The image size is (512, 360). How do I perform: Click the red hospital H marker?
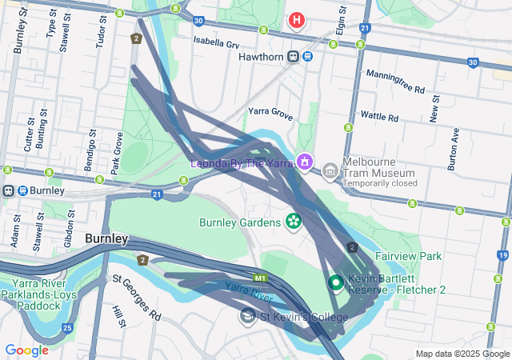click(x=297, y=19)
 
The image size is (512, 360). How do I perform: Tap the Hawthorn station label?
click(x=261, y=56)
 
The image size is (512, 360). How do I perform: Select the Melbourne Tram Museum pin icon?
click(x=330, y=170)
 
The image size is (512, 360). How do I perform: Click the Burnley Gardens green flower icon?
click(x=293, y=220)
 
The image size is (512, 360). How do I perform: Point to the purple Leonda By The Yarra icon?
click(x=304, y=162)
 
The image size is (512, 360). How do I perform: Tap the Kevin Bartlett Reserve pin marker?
click(x=336, y=282)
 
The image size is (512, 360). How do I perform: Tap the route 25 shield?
click(x=67, y=328)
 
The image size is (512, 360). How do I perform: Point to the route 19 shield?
click(x=502, y=255)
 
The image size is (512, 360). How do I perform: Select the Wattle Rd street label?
click(x=379, y=117)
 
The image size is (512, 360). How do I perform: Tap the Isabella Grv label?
click(x=216, y=44)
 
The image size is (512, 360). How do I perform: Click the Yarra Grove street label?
click(x=270, y=113)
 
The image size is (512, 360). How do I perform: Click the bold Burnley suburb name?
click(x=106, y=238)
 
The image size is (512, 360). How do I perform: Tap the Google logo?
click(x=26, y=350)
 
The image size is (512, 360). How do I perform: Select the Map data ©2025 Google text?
click(x=462, y=354)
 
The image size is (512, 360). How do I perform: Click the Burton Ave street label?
click(x=454, y=150)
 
